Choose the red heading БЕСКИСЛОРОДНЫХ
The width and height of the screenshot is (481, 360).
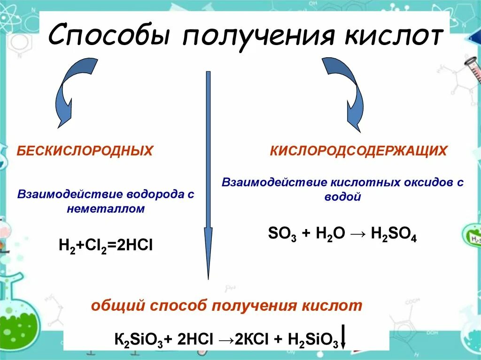85,151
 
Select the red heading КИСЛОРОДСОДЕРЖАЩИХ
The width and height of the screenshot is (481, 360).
358,151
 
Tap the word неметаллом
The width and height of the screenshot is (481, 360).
106,209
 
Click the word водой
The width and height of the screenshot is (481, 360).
343,197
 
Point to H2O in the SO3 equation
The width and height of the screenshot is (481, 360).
330,234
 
